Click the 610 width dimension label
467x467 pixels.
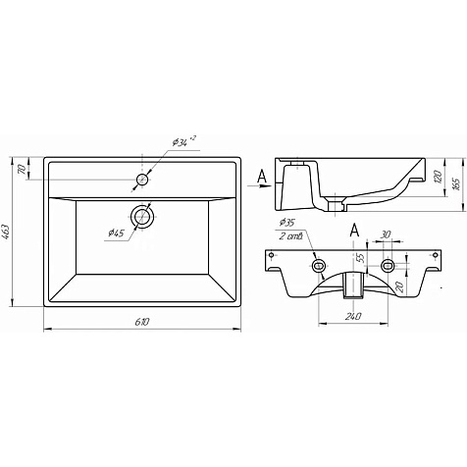[142, 322]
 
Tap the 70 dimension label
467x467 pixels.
[22, 170]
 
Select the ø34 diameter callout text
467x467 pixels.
[183, 141]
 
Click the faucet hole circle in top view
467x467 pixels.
[142, 180]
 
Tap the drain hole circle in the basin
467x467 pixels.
[142, 216]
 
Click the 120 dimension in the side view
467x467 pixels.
[439, 177]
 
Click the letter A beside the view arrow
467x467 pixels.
[262, 177]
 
